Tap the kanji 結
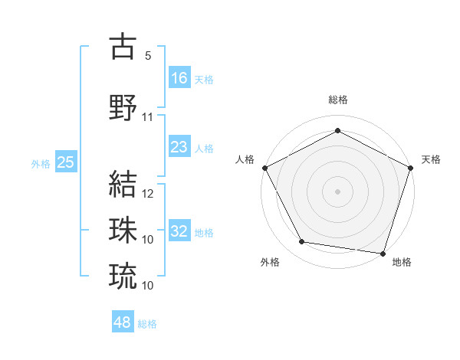[x=123, y=184]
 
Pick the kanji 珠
[x=123, y=229]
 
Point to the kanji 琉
[x=123, y=274]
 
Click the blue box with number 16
[x=179, y=78]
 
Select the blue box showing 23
[x=179, y=147]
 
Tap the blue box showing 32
[x=179, y=231]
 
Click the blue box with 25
[x=65, y=162]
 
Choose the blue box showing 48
[x=123, y=322]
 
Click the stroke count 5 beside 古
[x=147, y=56]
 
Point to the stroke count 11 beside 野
[x=148, y=117]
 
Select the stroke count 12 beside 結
[x=148, y=194]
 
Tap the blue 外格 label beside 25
[x=41, y=163]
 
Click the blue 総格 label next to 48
[x=147, y=324]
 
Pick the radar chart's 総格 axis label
[x=337, y=100]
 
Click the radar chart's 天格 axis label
[x=431, y=159]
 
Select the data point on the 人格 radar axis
[x=264, y=167]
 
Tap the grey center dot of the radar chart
[x=337, y=191]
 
